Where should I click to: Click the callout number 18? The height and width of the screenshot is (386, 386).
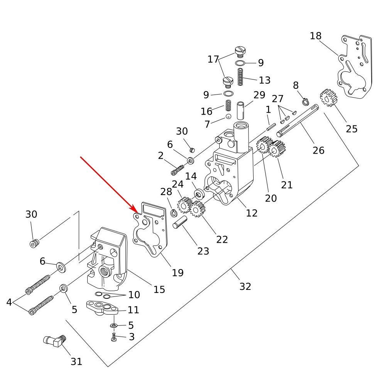tap(315, 36)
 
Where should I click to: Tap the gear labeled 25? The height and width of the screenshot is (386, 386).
tap(328, 98)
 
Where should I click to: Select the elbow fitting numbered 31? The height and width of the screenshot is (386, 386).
tap(53, 341)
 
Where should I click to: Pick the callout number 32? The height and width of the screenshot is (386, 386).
tap(245, 286)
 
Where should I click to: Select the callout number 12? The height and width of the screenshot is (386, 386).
tap(252, 213)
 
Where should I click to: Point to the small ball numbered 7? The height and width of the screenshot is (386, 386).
tap(228, 117)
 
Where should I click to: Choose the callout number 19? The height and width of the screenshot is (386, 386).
tap(178, 273)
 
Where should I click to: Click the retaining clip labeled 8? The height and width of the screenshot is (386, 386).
tap(305, 102)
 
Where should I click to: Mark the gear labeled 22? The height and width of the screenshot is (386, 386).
tap(198, 210)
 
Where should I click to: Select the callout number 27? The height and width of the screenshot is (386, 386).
tap(278, 99)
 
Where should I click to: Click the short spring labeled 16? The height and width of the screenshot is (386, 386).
tap(229, 105)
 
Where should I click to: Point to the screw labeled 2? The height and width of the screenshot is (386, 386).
tap(178, 169)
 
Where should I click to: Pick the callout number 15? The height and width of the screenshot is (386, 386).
tap(159, 289)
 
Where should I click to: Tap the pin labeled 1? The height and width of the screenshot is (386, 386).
tap(270, 126)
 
